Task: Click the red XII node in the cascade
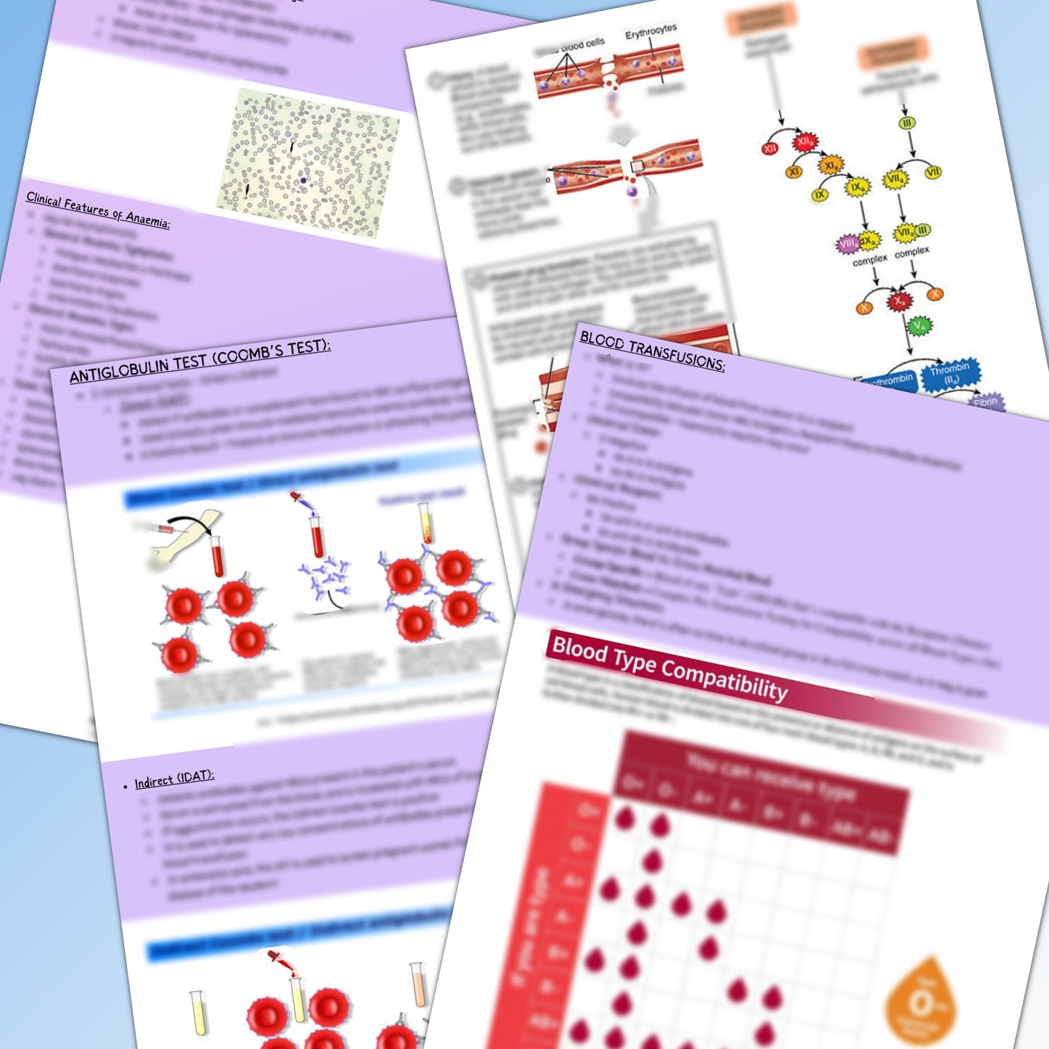click(x=770, y=148)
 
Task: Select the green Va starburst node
click(x=920, y=326)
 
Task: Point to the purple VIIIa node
click(x=847, y=243)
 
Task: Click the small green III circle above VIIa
click(x=907, y=123)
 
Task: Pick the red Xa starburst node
click(x=899, y=300)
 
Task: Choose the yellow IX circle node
click(x=820, y=195)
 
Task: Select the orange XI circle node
click(x=794, y=172)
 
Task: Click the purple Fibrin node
click(x=986, y=401)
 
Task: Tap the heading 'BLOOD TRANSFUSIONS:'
click(x=652, y=350)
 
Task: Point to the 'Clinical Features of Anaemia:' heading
click(x=98, y=209)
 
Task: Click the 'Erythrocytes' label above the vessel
click(x=650, y=32)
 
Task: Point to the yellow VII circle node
click(x=933, y=172)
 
